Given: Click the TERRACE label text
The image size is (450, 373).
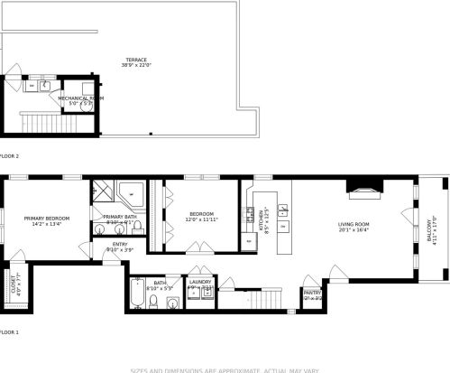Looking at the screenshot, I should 137,60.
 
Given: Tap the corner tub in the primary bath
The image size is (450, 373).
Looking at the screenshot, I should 133,194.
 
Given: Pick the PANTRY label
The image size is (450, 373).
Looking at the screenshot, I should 312,293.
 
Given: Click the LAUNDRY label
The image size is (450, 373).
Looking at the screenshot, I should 199,282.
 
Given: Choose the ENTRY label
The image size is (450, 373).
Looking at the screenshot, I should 120,244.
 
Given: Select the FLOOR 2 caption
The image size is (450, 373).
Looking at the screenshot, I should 9,156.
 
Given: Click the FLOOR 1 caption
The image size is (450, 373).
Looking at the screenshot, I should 9,332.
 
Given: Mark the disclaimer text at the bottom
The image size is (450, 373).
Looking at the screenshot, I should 225,368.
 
